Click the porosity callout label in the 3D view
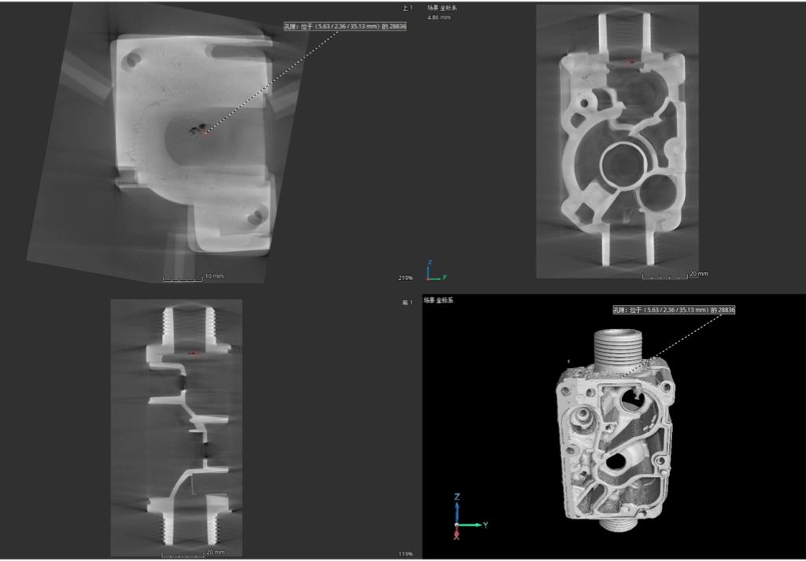(674, 310)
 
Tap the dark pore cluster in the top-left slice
(198, 128)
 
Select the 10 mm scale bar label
(213, 277)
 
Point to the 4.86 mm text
(438, 17)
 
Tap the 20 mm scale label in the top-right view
(698, 274)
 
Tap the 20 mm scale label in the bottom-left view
(215, 552)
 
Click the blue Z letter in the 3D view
(457, 496)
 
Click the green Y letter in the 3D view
(486, 524)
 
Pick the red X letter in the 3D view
(457, 537)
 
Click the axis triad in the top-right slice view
(434, 271)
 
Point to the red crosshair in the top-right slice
(628, 60)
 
